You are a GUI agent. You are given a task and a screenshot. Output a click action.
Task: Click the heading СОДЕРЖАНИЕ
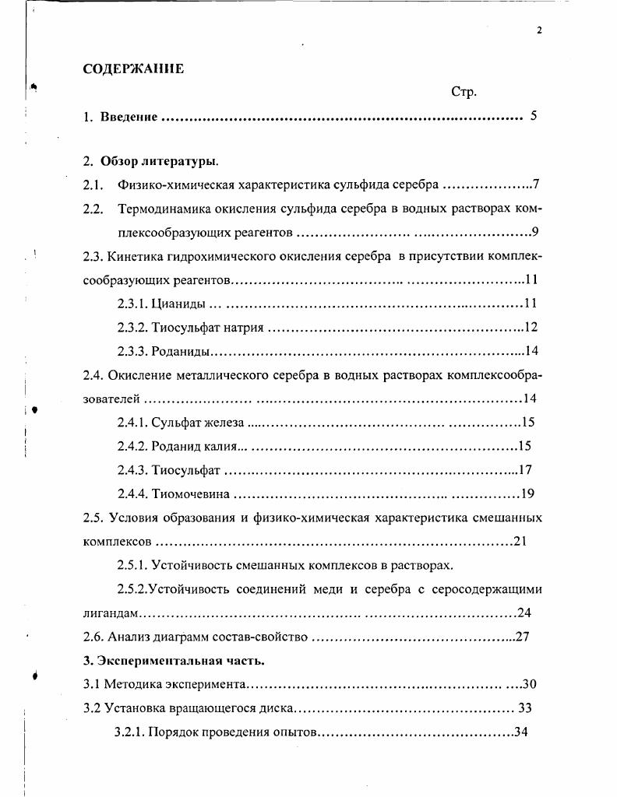point(133,69)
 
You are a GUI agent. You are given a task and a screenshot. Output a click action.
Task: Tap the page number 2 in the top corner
point(538,31)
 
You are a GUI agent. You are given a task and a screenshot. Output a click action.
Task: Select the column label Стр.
point(464,92)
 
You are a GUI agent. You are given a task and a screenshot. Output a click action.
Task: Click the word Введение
point(129,117)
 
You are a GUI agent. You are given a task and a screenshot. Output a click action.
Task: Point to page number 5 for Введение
point(534,117)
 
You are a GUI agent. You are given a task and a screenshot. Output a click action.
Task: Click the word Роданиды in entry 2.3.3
point(182,350)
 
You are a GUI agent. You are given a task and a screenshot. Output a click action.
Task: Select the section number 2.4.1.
point(132,423)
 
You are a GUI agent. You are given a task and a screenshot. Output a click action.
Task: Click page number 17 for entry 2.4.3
point(524,469)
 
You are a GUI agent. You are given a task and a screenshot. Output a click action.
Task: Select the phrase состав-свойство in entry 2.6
point(263,637)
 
